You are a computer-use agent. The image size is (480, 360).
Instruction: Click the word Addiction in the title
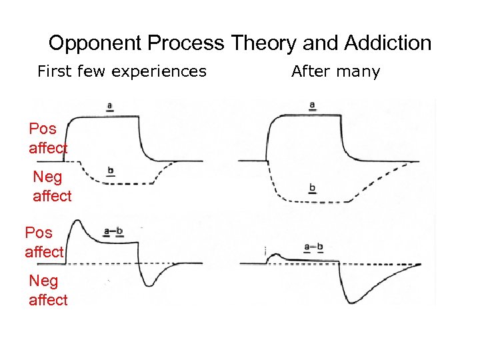(x=387, y=44)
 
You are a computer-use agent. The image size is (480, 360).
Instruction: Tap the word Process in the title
(x=187, y=44)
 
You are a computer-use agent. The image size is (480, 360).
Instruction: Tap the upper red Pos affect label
(x=48, y=138)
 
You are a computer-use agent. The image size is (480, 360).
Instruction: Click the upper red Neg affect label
(x=51, y=186)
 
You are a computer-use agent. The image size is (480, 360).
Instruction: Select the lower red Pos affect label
(x=44, y=242)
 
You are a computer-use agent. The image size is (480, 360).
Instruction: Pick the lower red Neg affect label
(x=47, y=291)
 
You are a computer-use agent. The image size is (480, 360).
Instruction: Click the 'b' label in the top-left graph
(x=110, y=171)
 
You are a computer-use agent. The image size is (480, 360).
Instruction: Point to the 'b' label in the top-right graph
(x=312, y=189)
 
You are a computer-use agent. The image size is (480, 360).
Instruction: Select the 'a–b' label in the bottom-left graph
(x=113, y=232)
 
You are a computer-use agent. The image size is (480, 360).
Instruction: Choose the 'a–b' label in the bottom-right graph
(x=313, y=247)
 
